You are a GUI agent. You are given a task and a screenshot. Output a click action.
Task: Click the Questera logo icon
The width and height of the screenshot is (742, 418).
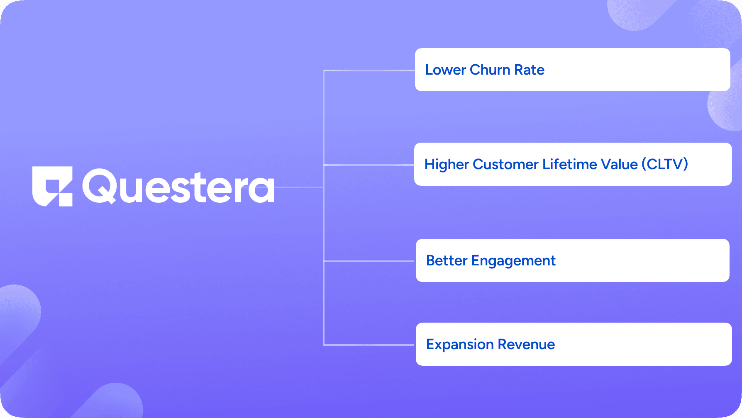[x=52, y=187]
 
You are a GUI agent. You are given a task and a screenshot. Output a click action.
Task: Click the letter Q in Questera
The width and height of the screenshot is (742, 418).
[x=99, y=186]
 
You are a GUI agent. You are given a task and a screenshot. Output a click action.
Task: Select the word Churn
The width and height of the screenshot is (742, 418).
[x=490, y=70]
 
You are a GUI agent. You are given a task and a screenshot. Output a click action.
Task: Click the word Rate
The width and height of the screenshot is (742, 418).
[x=529, y=70]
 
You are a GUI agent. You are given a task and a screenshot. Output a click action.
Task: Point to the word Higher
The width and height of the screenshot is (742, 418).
[x=447, y=165]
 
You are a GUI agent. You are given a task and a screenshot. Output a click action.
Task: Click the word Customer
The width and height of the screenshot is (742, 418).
[x=505, y=164]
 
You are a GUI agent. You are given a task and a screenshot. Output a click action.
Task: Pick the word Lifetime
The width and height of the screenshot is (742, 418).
[x=570, y=164]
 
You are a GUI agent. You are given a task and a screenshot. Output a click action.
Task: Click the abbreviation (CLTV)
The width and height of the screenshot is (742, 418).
[x=665, y=164]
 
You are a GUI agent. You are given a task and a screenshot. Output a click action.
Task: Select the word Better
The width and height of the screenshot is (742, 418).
[x=447, y=260]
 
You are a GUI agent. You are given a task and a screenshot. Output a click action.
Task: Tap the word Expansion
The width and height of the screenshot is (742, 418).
[x=460, y=345]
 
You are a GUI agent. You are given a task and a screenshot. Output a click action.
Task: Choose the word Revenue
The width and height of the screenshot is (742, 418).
[x=526, y=345]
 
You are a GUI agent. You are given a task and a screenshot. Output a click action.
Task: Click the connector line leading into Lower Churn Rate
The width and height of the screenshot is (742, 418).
[x=369, y=70]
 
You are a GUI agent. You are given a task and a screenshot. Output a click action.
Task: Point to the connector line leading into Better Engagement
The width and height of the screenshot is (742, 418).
[x=369, y=261]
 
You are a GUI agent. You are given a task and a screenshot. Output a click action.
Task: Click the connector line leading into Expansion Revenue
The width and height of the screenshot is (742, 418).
[x=369, y=345]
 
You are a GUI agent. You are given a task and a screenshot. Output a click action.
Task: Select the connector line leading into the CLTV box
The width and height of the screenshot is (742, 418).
[x=369, y=165]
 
